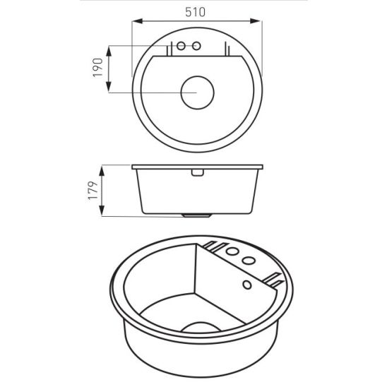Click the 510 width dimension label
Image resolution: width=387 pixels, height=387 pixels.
[195, 12]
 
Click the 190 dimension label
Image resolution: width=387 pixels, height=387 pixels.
[97, 67]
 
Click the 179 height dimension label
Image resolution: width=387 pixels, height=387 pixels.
[93, 191]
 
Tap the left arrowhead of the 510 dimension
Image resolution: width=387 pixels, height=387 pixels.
[138, 21]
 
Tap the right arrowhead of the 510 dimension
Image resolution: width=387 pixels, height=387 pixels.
[256, 21]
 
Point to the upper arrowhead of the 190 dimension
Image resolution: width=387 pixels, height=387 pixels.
[109, 52]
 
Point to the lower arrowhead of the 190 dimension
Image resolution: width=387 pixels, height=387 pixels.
[109, 87]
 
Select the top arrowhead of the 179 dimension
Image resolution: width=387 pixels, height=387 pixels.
[102, 171]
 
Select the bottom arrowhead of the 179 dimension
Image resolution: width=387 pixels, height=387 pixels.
[102, 210]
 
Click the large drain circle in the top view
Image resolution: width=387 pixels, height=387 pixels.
[198, 93]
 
